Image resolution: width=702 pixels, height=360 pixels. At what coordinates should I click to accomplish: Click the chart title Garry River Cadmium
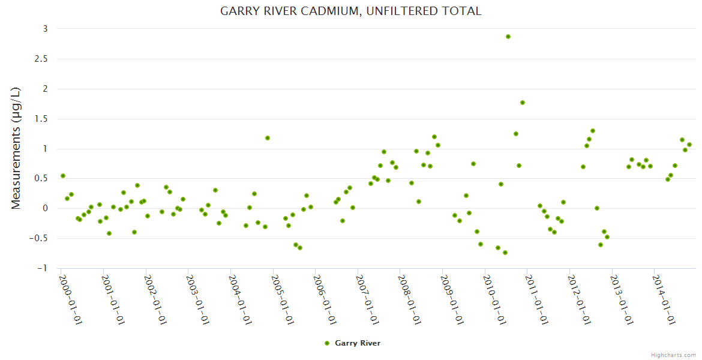pos(350,11)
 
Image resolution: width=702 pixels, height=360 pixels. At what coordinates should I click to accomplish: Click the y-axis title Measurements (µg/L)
pos(16,148)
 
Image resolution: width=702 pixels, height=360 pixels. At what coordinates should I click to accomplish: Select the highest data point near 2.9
pos(508,37)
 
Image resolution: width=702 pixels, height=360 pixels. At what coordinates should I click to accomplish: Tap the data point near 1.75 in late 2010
pos(523,103)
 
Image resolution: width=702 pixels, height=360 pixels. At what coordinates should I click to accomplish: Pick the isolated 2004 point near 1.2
pos(268,138)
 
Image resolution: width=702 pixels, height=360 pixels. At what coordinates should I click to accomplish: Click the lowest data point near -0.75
pos(505,253)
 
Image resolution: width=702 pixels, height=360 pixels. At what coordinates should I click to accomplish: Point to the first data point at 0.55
pos(63,176)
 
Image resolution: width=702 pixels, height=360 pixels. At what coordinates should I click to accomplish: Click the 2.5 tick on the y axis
pos(42,59)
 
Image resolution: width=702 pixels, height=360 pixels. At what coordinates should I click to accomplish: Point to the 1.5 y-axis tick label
pos(42,119)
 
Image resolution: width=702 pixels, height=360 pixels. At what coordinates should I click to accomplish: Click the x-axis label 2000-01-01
pos(71,299)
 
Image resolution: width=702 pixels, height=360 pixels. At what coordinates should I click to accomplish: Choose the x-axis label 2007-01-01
pos(367,299)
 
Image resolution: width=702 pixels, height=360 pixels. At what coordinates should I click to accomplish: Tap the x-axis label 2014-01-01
pos(664,299)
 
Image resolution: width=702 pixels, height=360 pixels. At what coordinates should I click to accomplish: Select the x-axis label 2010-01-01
pos(494,299)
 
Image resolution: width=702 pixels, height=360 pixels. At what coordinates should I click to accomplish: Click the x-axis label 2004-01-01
pos(240,299)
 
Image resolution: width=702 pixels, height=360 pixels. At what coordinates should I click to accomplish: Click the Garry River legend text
pos(358,343)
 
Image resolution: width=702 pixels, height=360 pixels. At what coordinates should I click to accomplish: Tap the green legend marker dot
pos(327,343)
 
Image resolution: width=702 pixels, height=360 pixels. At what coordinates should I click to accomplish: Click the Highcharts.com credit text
pos(673,355)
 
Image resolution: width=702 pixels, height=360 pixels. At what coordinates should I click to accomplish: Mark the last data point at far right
pos(689,145)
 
